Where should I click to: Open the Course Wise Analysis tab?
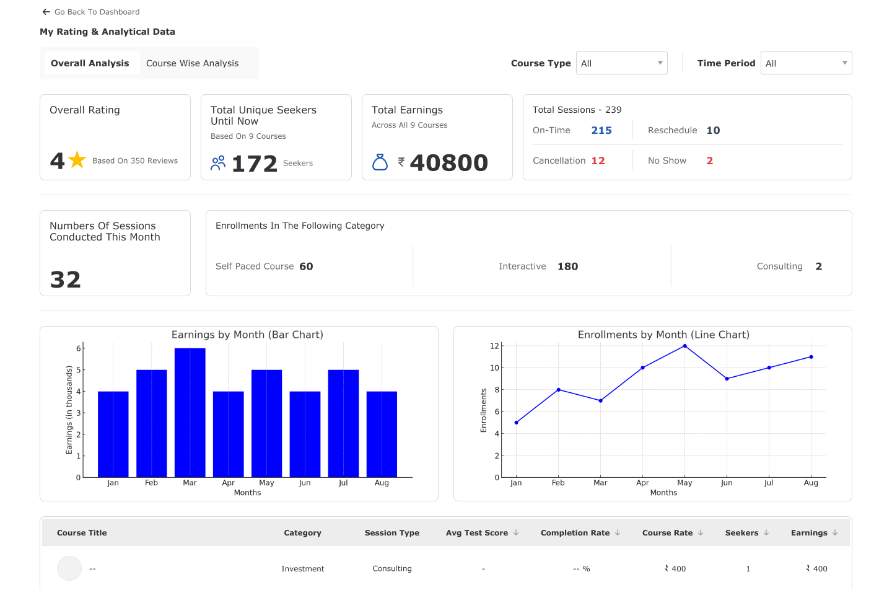tap(192, 63)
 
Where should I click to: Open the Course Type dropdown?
tap(621, 63)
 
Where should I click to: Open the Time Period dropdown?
tap(806, 63)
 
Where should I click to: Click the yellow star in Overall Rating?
tap(77, 160)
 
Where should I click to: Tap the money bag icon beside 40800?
tap(380, 162)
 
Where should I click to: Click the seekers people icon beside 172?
tap(218, 163)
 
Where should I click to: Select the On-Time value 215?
tap(601, 130)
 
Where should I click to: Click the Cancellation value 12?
tap(598, 161)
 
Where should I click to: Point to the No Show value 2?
tap(710, 161)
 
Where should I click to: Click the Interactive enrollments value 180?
tap(567, 266)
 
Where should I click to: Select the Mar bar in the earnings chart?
tap(190, 413)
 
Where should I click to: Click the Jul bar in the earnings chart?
tap(343, 423)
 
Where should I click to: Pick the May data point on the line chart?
tap(684, 346)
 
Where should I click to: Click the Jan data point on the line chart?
tap(516, 423)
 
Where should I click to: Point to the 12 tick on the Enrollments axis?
tap(494, 346)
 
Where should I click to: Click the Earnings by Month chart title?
tap(247, 335)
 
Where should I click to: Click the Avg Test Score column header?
tap(477, 533)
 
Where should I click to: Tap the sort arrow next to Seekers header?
tap(766, 532)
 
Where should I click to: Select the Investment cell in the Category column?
tap(302, 569)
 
